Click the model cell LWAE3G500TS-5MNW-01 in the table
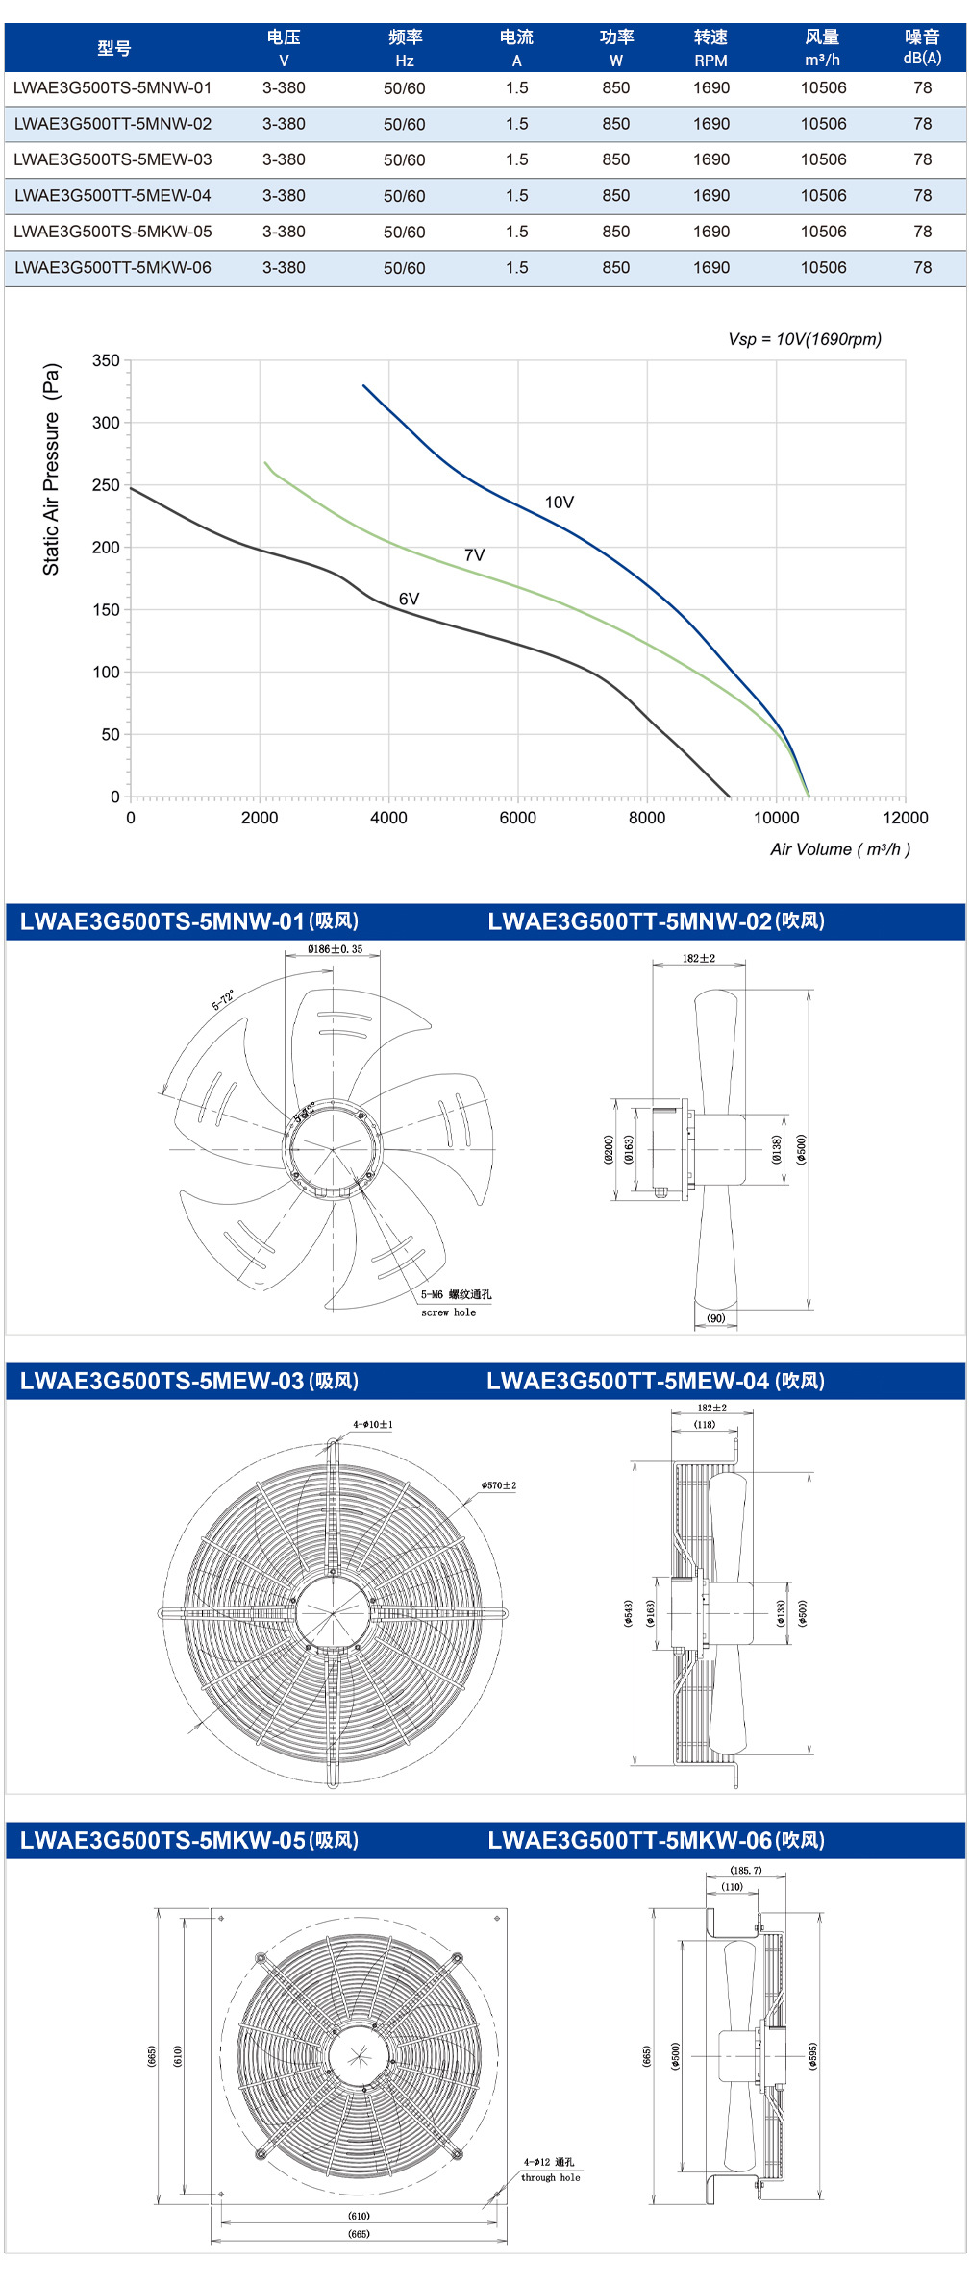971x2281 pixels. click(112, 88)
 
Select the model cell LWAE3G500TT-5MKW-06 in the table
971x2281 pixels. click(112, 268)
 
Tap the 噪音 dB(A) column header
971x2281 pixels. click(922, 47)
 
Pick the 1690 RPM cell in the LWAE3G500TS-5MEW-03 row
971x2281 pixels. click(711, 159)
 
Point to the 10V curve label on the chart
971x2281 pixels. click(560, 503)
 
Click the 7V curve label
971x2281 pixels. click(475, 555)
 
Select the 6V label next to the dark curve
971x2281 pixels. click(410, 600)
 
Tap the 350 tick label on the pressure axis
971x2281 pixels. click(106, 361)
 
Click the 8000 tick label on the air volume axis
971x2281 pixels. click(647, 818)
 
